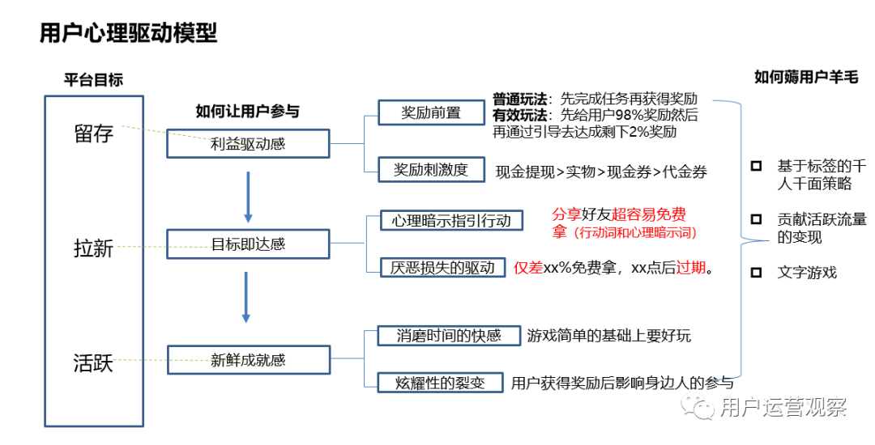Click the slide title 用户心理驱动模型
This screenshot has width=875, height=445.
(128, 33)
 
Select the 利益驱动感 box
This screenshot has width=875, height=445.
(248, 144)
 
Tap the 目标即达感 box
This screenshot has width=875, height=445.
(248, 243)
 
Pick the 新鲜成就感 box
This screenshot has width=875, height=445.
(248, 360)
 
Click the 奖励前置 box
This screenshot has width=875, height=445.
(431, 112)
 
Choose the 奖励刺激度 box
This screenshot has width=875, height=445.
(431, 169)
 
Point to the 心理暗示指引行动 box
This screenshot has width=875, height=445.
(451, 220)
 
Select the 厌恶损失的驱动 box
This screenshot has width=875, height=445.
(442, 268)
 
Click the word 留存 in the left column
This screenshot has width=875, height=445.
(93, 134)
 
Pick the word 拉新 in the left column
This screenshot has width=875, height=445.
(93, 248)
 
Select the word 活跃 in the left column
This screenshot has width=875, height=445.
(93, 362)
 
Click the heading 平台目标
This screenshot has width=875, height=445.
(94, 80)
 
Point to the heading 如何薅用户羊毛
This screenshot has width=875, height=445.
(806, 78)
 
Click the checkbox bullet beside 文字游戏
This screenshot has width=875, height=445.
(756, 273)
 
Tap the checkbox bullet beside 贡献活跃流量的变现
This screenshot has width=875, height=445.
(756, 219)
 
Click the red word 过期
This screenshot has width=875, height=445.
(691, 268)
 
